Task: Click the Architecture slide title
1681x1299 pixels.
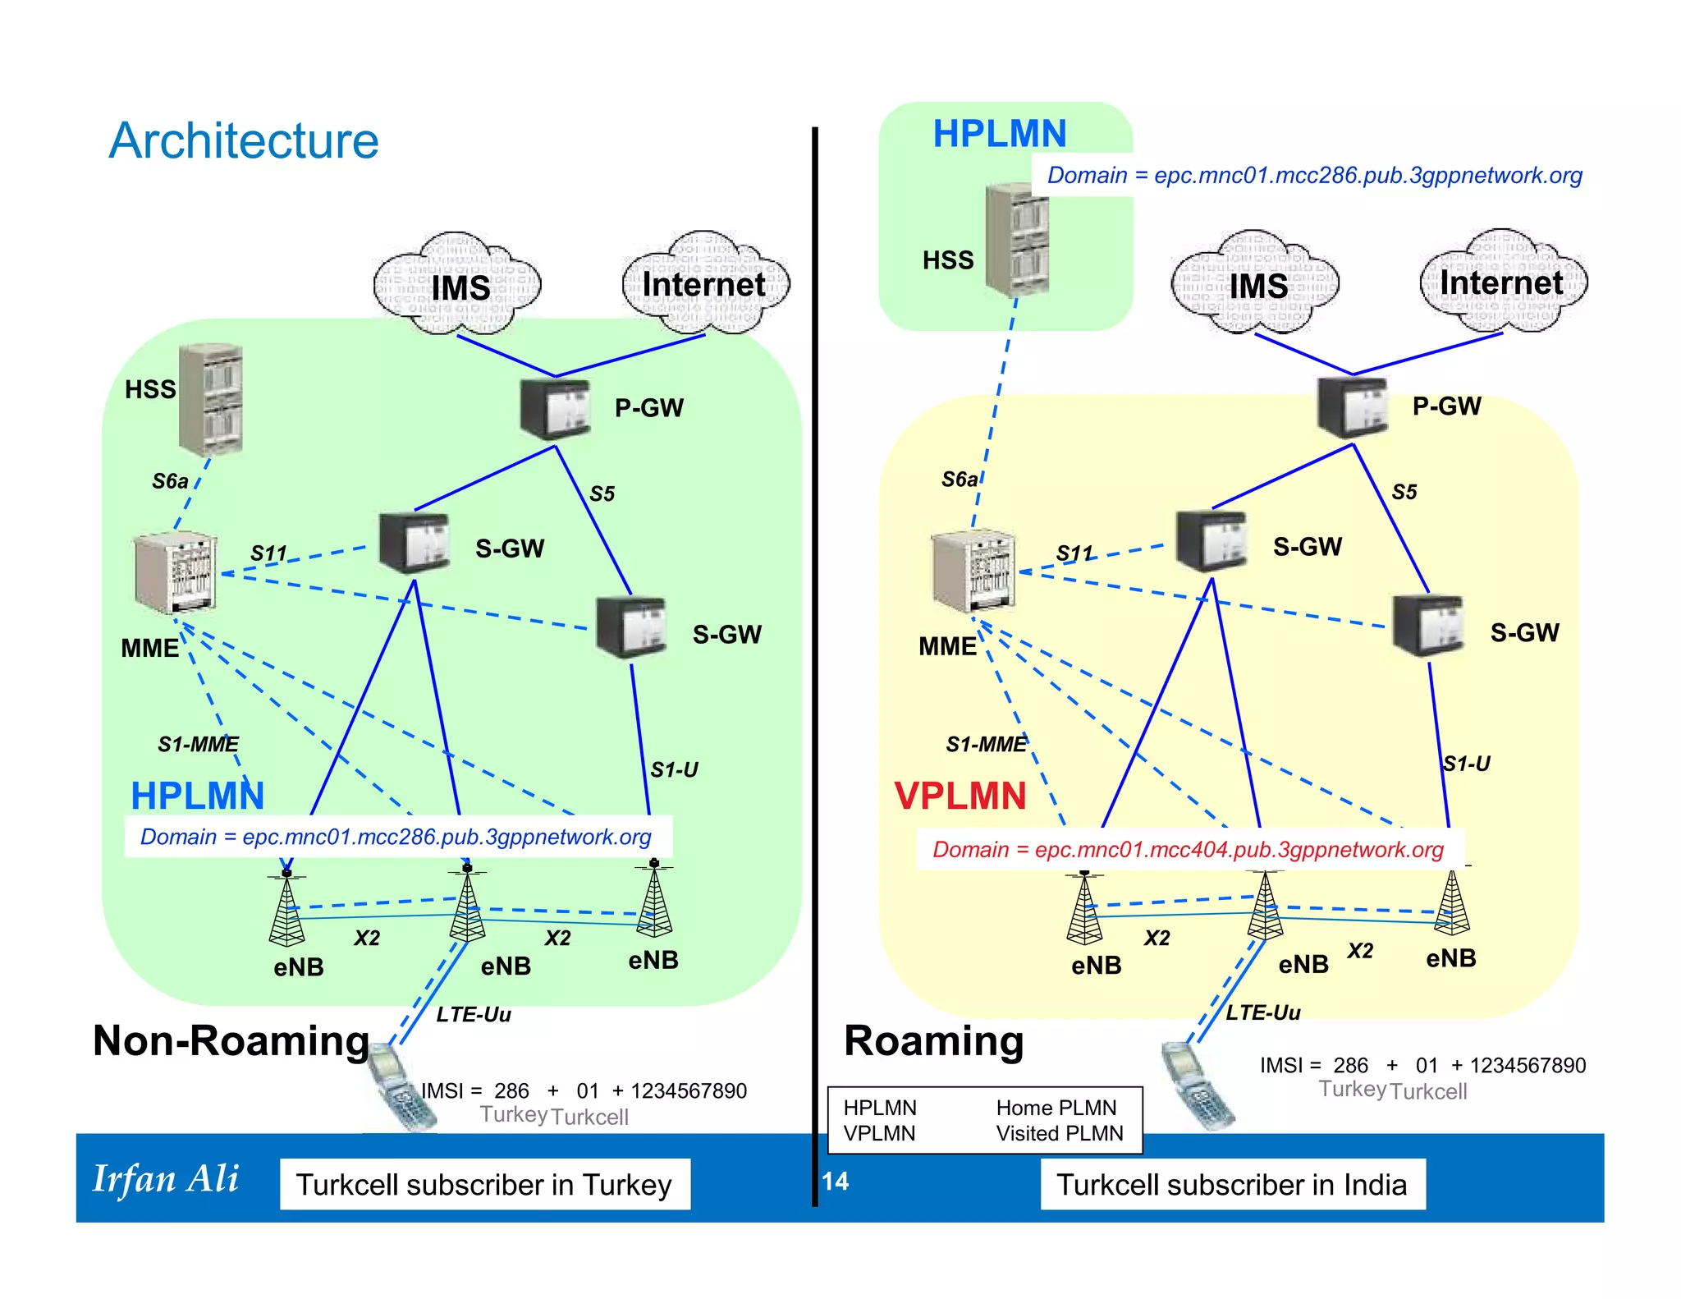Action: (x=244, y=140)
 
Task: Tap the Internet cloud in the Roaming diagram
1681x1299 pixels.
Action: (x=1502, y=282)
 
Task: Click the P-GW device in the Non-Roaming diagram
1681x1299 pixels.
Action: (x=555, y=408)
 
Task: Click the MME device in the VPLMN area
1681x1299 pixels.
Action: (x=973, y=571)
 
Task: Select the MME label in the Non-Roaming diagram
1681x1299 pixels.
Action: (x=149, y=648)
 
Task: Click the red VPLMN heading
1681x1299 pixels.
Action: (x=960, y=796)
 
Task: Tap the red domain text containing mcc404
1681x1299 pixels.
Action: (x=1187, y=849)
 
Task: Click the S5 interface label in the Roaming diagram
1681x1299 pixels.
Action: (x=1404, y=492)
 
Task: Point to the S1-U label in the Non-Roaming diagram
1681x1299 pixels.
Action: (x=674, y=769)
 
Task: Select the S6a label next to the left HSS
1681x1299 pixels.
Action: (x=170, y=480)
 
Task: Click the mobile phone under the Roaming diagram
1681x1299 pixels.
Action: (x=1197, y=1085)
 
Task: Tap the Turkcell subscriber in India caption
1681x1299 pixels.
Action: (x=1231, y=1184)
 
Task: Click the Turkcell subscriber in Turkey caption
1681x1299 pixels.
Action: (x=484, y=1184)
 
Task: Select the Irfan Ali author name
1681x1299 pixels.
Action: (x=166, y=1178)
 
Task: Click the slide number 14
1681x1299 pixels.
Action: (x=835, y=1181)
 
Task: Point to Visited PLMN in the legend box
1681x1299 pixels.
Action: (x=1059, y=1133)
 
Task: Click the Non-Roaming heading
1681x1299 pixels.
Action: (x=231, y=1040)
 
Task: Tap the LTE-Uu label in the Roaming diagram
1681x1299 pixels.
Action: (x=1262, y=1012)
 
